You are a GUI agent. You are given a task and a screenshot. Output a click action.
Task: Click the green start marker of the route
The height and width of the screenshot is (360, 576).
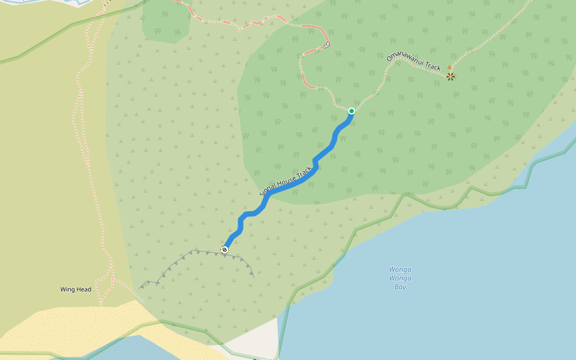351,111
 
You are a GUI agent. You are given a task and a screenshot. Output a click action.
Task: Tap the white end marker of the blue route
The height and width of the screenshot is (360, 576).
224,250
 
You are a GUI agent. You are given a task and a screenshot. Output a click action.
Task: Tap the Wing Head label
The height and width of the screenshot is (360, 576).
76,290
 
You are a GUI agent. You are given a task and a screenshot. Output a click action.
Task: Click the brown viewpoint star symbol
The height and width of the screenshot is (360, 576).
450,77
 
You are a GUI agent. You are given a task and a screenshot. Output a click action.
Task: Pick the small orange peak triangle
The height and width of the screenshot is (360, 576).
449,67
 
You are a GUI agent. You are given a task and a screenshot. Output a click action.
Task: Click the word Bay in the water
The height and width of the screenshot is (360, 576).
400,287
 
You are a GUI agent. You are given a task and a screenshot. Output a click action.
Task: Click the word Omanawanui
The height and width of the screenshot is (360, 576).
404,55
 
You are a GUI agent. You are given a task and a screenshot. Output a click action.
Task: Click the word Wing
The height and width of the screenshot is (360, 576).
67,290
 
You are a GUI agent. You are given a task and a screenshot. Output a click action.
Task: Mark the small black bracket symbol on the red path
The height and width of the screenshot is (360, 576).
326,45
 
